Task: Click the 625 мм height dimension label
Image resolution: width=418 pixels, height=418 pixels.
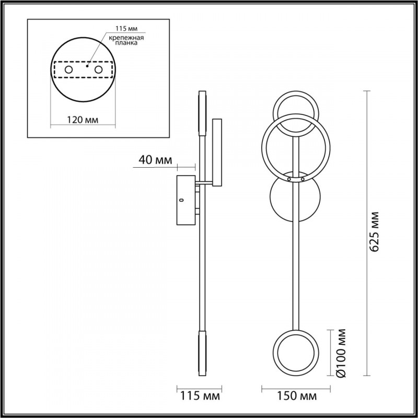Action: (x=374, y=232)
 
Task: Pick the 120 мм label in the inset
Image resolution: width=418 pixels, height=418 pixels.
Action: (x=83, y=120)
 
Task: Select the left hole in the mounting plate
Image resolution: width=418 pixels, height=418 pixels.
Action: (x=68, y=69)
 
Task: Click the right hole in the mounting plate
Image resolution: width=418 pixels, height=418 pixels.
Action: (x=98, y=69)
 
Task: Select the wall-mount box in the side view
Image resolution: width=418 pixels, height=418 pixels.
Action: (x=185, y=201)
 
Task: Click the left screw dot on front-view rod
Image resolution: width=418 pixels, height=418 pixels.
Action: (x=289, y=179)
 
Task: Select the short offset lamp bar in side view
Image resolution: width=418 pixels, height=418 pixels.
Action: (x=217, y=152)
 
